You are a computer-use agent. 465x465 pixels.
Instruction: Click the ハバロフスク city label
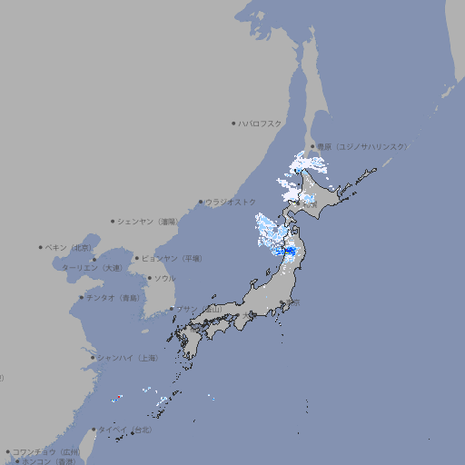coord(261,123)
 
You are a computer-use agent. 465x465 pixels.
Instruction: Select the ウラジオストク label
coord(231,202)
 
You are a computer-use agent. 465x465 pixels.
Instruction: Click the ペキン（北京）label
coord(69,247)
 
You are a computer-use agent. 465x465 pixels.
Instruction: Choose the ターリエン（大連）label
coord(92,268)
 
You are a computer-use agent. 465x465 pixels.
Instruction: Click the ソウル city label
coord(164,278)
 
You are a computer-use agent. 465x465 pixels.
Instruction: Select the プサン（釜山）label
coord(198,310)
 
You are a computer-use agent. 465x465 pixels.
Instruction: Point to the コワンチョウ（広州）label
coord(46,451)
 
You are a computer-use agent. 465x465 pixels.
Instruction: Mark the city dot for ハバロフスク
coord(233,123)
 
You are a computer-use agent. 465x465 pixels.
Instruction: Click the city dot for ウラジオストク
coord(201,202)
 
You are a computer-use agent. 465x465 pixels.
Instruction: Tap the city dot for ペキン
coord(41,247)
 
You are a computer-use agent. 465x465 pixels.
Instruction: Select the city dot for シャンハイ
coord(93,358)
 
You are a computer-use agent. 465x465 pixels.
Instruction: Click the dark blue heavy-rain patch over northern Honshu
coord(290,252)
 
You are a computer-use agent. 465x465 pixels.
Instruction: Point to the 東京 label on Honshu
coord(293,302)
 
